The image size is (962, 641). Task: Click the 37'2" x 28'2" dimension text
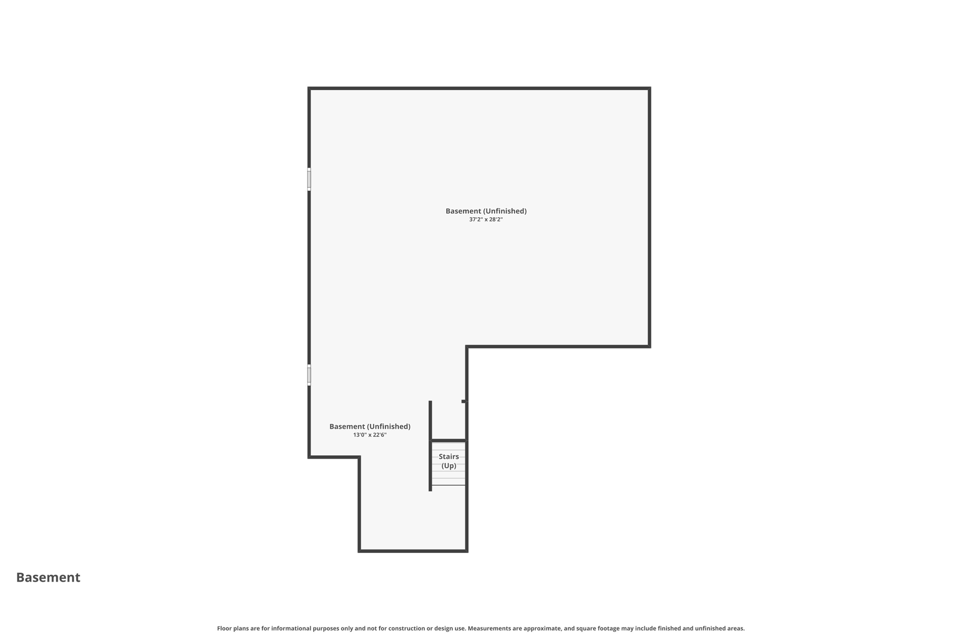click(486, 219)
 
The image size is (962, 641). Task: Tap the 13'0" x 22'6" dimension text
click(370, 435)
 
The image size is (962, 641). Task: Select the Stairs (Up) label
click(449, 461)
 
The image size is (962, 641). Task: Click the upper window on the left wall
click(309, 179)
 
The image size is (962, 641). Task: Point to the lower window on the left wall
click(309, 375)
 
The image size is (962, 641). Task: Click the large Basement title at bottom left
click(48, 577)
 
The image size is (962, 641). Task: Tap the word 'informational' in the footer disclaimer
click(291, 628)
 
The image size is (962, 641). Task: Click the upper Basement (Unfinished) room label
click(486, 211)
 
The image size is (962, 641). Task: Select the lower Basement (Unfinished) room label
click(370, 426)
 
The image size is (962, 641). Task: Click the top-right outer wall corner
click(649, 88)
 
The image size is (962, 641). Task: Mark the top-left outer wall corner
click(309, 88)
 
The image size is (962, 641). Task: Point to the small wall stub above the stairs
click(464, 402)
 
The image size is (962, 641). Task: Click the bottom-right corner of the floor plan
click(467, 551)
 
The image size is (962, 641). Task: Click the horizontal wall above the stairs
click(449, 440)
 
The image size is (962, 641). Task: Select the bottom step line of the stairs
click(449, 485)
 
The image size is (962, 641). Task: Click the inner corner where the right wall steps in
click(467, 347)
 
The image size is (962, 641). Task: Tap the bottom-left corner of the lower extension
click(359, 551)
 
